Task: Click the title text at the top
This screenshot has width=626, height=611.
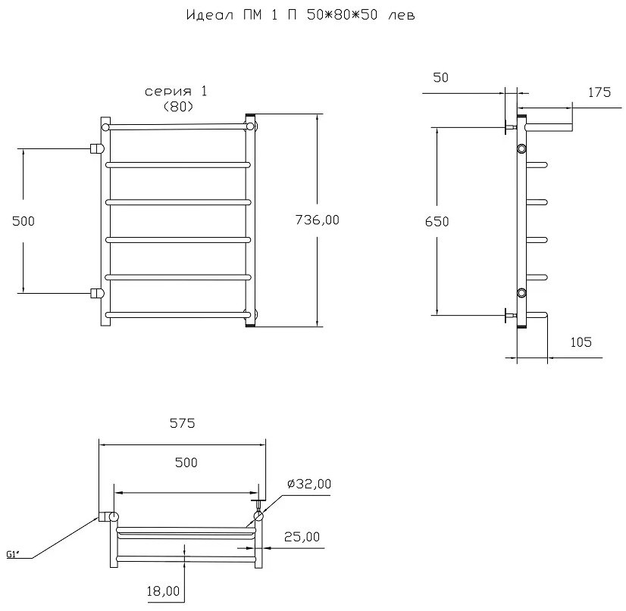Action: (301, 15)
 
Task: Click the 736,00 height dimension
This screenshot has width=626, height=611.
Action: (317, 220)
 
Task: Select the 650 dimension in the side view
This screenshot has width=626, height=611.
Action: (437, 221)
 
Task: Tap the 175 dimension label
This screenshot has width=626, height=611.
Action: (599, 92)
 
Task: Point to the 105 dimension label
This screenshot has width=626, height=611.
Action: (581, 342)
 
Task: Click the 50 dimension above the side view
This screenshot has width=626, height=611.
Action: (441, 77)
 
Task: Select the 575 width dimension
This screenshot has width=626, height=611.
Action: (183, 422)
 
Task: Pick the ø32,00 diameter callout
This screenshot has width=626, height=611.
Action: (309, 484)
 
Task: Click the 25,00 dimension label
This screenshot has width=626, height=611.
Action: (302, 537)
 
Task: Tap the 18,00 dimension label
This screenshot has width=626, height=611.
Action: (163, 591)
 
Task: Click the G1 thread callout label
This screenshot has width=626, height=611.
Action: (13, 554)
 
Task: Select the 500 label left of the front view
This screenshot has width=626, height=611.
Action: (23, 221)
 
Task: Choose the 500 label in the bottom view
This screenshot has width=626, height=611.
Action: (186, 463)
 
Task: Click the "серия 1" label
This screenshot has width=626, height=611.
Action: (176, 92)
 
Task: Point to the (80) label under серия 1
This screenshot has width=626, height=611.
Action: (178, 107)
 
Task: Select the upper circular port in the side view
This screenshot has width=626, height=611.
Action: (521, 148)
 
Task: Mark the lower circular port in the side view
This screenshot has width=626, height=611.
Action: (521, 293)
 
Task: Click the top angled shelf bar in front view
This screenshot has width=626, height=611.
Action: (177, 127)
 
